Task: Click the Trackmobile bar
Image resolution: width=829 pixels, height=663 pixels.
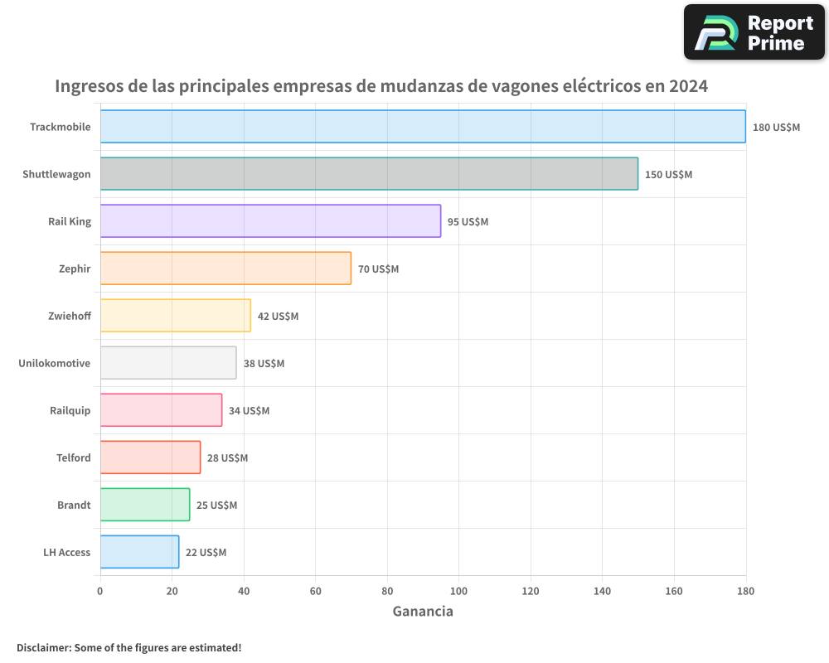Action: [423, 127]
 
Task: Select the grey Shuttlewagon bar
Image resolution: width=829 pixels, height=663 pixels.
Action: [369, 174]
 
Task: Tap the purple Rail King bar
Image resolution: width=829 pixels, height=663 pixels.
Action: [270, 221]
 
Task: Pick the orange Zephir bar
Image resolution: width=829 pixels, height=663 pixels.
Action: [225, 269]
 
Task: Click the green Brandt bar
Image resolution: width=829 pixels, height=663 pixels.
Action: [145, 505]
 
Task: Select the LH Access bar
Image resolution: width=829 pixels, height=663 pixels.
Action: [139, 552]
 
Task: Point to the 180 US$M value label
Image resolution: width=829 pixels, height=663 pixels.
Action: [776, 128]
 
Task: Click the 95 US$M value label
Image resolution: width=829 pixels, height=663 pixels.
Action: [468, 222]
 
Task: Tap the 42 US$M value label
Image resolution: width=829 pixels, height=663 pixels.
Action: [278, 317]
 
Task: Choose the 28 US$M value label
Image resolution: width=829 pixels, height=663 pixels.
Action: [227, 458]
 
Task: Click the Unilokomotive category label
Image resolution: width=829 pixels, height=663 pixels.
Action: [54, 363]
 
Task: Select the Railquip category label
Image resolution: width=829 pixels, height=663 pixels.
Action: [70, 410]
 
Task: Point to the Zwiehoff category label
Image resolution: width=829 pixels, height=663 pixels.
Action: [70, 316]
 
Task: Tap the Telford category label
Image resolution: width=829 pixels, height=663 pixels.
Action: [73, 457]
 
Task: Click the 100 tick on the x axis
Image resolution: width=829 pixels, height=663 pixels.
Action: [458, 591]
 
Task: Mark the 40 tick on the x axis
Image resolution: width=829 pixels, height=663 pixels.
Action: [244, 591]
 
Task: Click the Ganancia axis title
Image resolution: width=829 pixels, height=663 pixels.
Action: [423, 612]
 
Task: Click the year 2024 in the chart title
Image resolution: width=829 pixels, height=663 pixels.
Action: [688, 85]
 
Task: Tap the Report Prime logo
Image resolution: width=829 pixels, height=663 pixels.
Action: [754, 32]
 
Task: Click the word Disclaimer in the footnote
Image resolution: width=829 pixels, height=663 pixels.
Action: [42, 647]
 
